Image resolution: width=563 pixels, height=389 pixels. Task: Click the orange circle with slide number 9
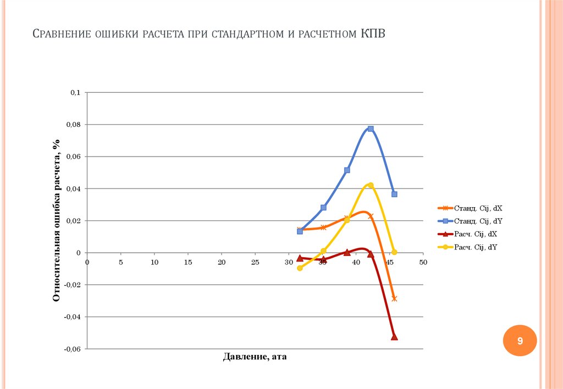click(519, 341)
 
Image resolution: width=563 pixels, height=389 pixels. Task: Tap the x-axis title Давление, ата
click(255, 357)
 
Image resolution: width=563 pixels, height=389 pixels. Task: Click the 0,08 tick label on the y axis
click(74, 125)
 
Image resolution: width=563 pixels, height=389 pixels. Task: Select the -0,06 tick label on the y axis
click(73, 349)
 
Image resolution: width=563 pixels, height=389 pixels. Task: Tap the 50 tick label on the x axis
click(423, 263)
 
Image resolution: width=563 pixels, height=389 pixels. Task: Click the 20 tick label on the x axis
click(222, 263)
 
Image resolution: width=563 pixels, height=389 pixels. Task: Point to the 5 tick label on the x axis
click(121, 263)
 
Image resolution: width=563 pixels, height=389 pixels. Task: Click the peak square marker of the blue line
click(371, 129)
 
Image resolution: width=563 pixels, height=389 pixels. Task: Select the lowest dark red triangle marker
click(394, 337)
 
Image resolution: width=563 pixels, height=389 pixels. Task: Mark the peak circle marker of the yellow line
click(371, 185)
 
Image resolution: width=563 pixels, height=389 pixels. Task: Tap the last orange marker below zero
click(394, 298)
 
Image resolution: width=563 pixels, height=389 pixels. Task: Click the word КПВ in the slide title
click(373, 34)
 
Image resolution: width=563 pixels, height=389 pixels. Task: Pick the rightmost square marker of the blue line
click(394, 194)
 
